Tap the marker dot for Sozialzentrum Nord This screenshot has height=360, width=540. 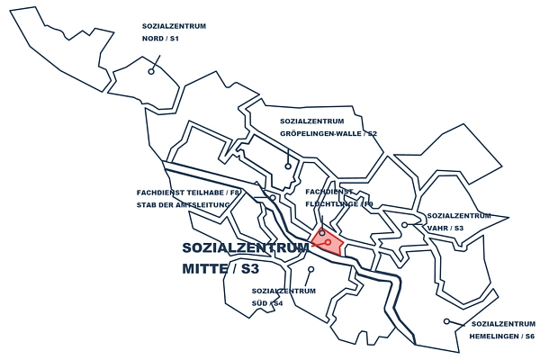(151, 71)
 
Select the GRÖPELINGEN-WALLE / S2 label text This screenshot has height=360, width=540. (328, 134)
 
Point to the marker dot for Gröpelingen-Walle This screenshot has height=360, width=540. (288, 166)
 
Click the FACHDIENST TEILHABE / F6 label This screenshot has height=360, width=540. (188, 193)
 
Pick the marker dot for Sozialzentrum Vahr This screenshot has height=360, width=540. (405, 224)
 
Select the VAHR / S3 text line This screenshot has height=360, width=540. (445, 229)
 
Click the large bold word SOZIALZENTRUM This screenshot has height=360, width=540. (245, 247)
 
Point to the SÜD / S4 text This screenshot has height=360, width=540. (268, 303)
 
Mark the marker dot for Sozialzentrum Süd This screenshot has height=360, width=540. (310, 268)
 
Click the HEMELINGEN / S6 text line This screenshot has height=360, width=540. (502, 336)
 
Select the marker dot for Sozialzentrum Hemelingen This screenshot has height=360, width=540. (446, 321)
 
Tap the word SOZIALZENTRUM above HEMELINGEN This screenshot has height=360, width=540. (503, 323)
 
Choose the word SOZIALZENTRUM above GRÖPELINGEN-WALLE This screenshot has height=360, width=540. (312, 121)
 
